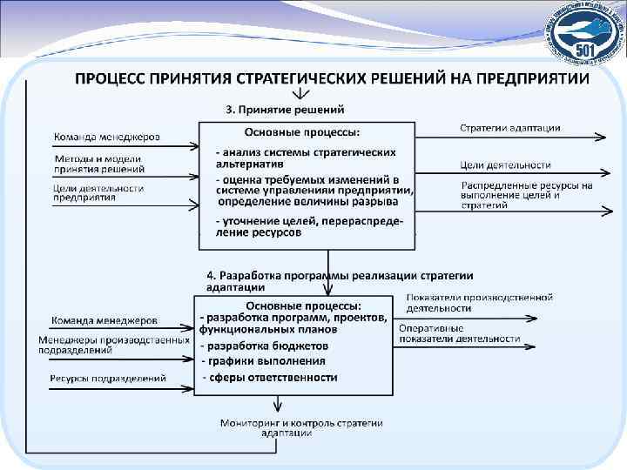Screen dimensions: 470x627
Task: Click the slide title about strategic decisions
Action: click(x=331, y=78)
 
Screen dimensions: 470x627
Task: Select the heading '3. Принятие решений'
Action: click(x=286, y=110)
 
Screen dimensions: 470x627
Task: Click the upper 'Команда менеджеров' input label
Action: click(x=107, y=137)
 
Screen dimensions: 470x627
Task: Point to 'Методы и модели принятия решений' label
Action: click(x=100, y=164)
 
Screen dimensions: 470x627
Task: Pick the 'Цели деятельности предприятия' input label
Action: click(x=98, y=192)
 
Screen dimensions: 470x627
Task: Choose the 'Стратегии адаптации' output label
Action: click(x=510, y=128)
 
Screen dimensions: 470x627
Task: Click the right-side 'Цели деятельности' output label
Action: click(x=506, y=164)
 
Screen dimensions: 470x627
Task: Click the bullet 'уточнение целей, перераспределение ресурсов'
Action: click(x=310, y=227)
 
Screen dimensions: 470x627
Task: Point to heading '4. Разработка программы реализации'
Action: click(x=340, y=280)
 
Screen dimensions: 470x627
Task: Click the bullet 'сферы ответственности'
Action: click(x=270, y=378)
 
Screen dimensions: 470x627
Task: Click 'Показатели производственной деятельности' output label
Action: click(x=479, y=302)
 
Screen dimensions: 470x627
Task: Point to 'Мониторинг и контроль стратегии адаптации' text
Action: click(x=301, y=427)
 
